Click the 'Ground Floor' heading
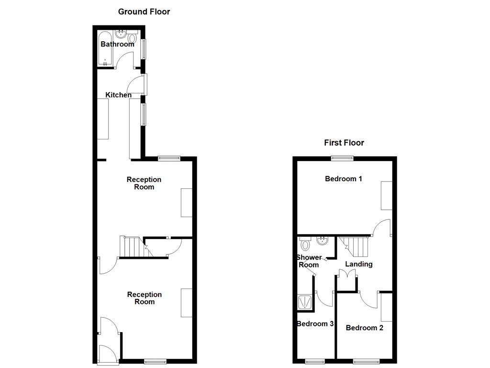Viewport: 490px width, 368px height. tap(144, 11)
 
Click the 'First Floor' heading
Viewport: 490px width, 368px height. tap(344, 142)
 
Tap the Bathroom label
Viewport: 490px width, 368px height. tap(117, 44)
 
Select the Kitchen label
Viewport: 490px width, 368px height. tap(118, 95)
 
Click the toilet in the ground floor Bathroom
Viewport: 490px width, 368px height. tap(132, 37)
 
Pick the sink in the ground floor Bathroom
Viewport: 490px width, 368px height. tap(121, 34)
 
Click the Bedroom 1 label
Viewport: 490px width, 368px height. tap(343, 179)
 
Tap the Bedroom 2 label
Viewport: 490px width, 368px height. tap(364, 328)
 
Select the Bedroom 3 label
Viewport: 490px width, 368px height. tap(315, 323)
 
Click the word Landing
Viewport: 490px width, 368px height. tap(359, 264)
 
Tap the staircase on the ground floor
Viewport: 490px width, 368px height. tap(131, 246)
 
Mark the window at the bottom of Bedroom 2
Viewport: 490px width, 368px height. tap(367, 361)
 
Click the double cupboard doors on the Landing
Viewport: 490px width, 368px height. tap(347, 274)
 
